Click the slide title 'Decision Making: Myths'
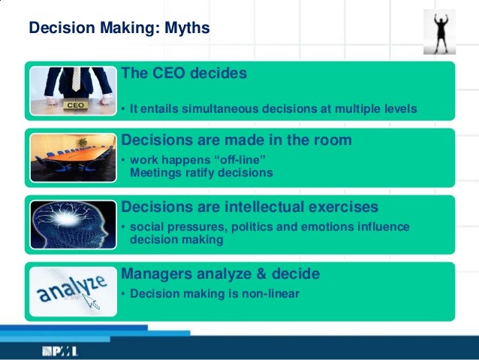point(119,29)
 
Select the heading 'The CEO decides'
point(184,74)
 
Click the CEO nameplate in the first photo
point(76,106)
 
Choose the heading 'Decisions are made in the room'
point(236,140)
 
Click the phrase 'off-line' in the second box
point(239,160)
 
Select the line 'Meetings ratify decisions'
point(201,172)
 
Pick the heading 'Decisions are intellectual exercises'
point(249,206)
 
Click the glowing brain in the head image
point(69,220)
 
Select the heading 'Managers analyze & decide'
point(221,273)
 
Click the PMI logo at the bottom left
point(60,350)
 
